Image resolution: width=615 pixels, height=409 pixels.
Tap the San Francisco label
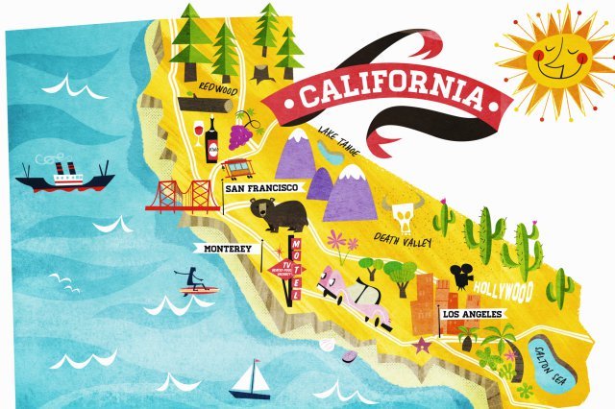[262, 189]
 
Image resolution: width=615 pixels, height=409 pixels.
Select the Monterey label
[227, 249]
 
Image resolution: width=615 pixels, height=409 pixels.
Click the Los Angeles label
[472, 314]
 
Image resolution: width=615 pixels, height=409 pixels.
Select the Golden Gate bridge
[183, 195]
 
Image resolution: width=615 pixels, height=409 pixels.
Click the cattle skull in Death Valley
[401, 214]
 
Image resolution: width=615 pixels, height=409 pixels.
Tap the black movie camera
[463, 274]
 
